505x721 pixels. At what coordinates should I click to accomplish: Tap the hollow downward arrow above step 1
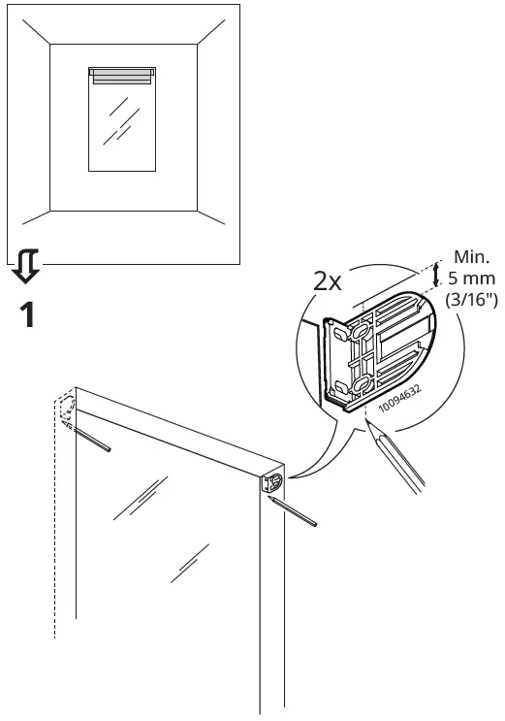pos(26,262)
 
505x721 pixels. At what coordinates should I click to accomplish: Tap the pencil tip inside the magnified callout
pos(368,429)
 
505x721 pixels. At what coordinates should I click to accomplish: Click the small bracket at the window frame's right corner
pos(273,481)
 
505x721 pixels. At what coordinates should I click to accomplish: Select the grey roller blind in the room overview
pos(121,76)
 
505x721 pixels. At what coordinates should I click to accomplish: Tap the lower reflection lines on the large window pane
pos(189,564)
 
